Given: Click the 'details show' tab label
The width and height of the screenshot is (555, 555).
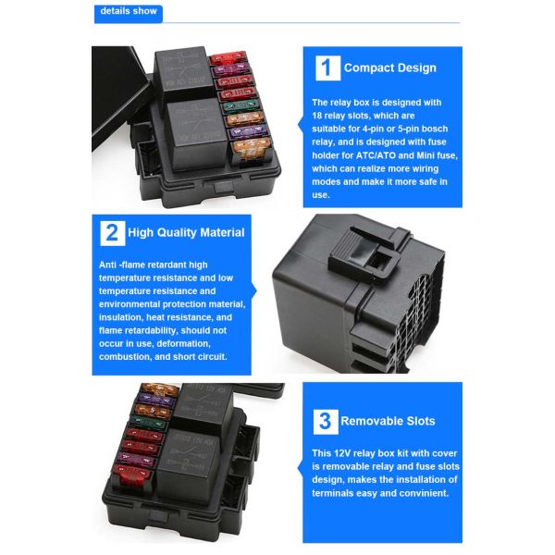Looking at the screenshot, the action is (x=129, y=11).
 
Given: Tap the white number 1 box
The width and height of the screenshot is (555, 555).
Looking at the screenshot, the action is (x=327, y=68).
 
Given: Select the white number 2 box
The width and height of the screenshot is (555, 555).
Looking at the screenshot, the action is (x=113, y=233).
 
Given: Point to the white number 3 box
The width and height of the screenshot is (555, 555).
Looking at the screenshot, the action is (x=326, y=422).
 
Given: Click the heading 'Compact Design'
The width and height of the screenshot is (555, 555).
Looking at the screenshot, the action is (x=390, y=68).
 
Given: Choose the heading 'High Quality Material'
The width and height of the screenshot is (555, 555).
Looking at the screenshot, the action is (x=186, y=232).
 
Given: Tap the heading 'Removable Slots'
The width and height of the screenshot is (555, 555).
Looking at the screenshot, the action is (x=388, y=421).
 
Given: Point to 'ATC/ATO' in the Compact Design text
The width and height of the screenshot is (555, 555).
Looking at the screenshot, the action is (x=376, y=155).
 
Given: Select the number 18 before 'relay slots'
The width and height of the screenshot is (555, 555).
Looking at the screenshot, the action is (x=316, y=116).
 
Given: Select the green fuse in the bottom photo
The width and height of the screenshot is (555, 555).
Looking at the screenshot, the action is (x=149, y=423).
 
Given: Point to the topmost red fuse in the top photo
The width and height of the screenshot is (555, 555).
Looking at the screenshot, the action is (x=228, y=58).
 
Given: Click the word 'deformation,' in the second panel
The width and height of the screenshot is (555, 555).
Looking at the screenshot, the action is (x=184, y=344).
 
